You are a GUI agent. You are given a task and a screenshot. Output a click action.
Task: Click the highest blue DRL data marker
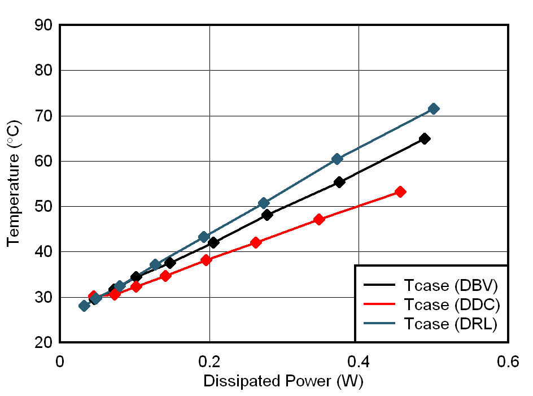[433, 108]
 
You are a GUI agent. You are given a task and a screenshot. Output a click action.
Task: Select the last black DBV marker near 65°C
[425, 138]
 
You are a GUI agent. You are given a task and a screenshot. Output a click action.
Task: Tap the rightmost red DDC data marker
[400, 192]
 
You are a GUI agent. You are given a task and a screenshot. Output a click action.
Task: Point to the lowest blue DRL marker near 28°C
[84, 306]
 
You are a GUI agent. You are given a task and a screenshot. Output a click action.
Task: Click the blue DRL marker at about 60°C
[337, 159]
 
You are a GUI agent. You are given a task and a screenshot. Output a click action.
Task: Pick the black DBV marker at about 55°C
[339, 182]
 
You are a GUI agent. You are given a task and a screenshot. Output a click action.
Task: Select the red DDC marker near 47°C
[319, 219]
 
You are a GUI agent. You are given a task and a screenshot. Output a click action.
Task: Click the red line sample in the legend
[381, 305]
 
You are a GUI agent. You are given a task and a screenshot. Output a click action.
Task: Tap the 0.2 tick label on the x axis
[209, 362]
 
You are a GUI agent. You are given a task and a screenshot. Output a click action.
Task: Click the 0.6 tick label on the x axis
[508, 362]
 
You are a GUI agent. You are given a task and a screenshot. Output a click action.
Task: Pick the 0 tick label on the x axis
[60, 362]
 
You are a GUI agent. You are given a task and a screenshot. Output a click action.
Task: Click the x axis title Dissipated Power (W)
[283, 381]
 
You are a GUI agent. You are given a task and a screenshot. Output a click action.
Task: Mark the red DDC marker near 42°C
[256, 242]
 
